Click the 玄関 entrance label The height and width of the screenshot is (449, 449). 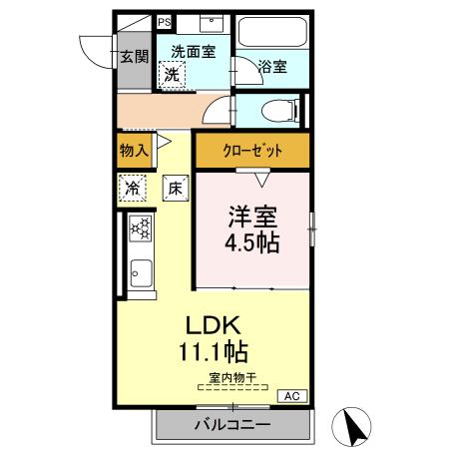point(135,57)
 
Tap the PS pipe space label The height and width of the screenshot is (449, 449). point(164,21)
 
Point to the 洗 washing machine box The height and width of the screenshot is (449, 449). point(173,73)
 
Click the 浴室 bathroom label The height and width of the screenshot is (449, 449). point(272,67)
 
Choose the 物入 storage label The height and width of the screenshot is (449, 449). point(134,152)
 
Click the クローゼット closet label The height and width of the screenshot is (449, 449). point(251,152)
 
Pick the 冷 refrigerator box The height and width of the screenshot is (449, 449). point(133,188)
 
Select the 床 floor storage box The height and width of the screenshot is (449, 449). point(174,188)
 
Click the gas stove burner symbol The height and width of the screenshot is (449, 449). point(140,229)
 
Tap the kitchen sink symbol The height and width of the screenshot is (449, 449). point(140,270)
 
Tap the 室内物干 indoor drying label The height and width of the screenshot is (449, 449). point(232,378)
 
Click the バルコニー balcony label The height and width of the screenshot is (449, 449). point(230,425)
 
